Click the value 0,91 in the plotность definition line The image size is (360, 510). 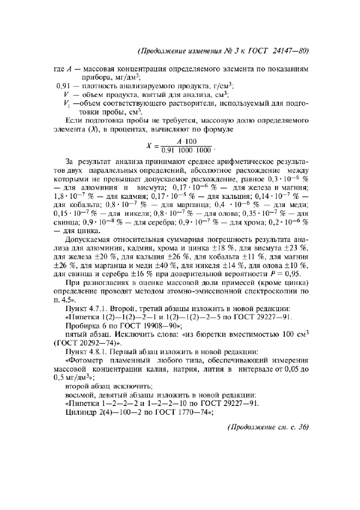[x=65, y=86]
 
